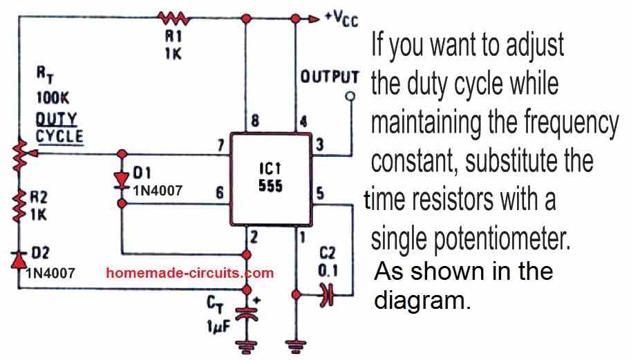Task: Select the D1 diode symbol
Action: click(x=122, y=179)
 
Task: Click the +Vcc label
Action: click(x=341, y=16)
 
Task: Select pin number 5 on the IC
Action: click(x=320, y=193)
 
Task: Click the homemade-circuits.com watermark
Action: click(x=190, y=273)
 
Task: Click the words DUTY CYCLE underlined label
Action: click(x=59, y=129)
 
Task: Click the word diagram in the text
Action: click(x=422, y=301)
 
